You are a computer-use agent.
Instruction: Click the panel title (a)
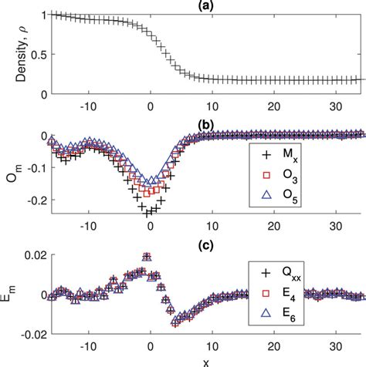[x=205, y=5]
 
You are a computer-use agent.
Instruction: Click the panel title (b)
[x=205, y=123]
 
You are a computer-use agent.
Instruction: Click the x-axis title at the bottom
[x=205, y=361]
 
